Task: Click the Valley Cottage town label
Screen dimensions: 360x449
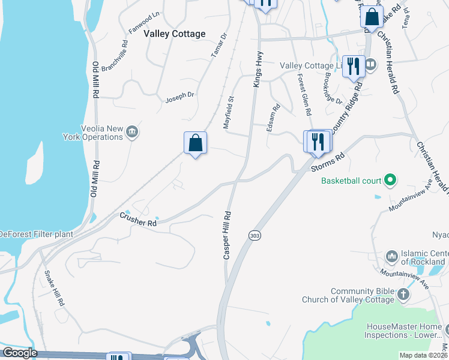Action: (175, 34)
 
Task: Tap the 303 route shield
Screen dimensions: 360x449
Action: (254, 236)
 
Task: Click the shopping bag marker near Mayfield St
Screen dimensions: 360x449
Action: (195, 143)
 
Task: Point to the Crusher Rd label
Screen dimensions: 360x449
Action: (137, 219)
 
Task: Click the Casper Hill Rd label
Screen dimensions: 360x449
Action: (228, 235)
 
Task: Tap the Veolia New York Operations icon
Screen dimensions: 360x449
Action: (133, 132)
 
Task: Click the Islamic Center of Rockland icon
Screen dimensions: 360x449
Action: (392, 256)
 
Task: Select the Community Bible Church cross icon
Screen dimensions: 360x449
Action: (403, 294)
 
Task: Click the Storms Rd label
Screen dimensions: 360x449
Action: (328, 162)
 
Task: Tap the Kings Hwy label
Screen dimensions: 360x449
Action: (258, 71)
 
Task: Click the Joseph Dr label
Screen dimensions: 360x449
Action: (180, 96)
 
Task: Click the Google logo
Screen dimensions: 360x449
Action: (20, 353)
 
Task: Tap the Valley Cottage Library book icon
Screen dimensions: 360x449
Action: (370, 65)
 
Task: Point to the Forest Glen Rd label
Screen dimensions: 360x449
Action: (305, 94)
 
